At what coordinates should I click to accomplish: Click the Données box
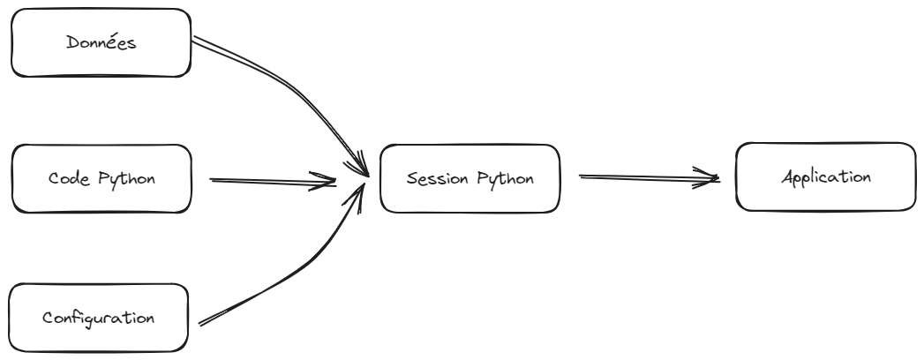[x=101, y=42]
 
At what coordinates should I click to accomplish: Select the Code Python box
[x=101, y=178]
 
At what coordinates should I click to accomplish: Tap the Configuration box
[x=99, y=318]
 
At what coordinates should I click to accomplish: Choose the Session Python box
[x=470, y=178]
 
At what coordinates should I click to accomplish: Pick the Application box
[x=825, y=176]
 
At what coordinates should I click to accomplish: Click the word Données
[x=101, y=42]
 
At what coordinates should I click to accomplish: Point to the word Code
[x=68, y=178]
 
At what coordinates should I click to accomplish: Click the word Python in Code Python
[x=127, y=179]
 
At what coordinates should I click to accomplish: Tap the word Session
[x=435, y=178]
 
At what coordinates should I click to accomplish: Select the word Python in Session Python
[x=505, y=179]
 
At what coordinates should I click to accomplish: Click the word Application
[x=825, y=177]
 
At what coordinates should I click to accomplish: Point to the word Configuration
[x=99, y=319]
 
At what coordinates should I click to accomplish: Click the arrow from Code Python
[x=273, y=182]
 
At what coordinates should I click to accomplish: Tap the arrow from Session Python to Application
[x=650, y=177]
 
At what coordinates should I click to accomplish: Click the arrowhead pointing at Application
[x=707, y=177]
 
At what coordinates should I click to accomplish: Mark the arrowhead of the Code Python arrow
[x=324, y=182]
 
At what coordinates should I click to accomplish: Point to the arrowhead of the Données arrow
[x=359, y=164]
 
